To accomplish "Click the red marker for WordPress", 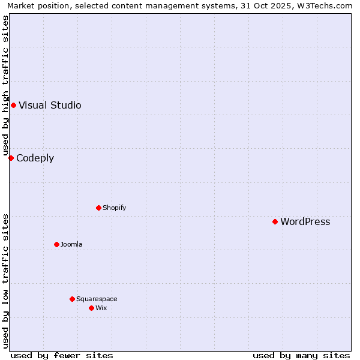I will [x=275, y=221].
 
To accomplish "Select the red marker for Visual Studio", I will [x=13, y=105].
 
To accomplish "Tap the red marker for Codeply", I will [x=11, y=158].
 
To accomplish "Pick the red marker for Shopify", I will [x=98, y=208].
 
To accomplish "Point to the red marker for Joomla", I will [x=56, y=244].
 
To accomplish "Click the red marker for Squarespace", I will [x=72, y=299].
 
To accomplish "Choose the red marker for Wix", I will [x=91, y=308].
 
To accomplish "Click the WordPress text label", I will [x=305, y=221].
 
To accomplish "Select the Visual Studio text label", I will [x=50, y=105].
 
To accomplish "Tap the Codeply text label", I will [x=35, y=158].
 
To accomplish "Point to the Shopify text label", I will [x=114, y=208].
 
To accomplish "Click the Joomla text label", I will [x=71, y=244].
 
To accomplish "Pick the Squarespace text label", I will [x=97, y=299].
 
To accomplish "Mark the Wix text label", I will [x=101, y=308].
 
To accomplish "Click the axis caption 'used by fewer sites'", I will [x=62, y=355].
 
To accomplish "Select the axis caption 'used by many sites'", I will [x=301, y=355].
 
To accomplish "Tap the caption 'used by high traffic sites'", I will [x=5, y=85].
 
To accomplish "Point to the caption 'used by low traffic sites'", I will [x=5, y=281].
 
